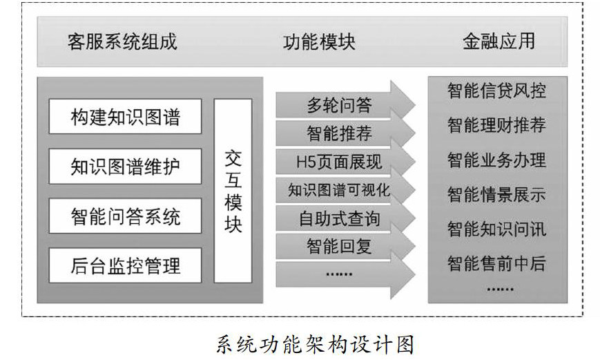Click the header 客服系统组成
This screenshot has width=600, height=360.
(122, 41)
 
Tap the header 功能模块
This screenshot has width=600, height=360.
(319, 41)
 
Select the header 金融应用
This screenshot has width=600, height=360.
(499, 41)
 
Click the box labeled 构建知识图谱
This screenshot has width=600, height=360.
(125, 116)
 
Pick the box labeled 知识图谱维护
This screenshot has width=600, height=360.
(125, 167)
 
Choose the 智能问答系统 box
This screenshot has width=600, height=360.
(125, 216)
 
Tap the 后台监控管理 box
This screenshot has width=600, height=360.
(125, 265)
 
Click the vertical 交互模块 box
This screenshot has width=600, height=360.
(233, 191)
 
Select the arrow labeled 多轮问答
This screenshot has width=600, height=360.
(338, 106)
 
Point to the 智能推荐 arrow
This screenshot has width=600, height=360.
(338, 133)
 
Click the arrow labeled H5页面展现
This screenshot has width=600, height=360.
(338, 162)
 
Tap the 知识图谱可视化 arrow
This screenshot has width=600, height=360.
(338, 190)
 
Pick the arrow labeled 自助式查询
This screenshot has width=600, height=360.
(338, 219)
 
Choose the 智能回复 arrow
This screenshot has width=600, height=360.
(338, 245)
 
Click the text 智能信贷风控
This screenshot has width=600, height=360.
(496, 91)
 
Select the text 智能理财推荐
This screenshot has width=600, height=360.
(496, 125)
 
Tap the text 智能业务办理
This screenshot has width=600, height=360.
(496, 160)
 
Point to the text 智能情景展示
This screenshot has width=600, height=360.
(496, 195)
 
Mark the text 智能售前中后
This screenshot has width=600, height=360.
(496, 263)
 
